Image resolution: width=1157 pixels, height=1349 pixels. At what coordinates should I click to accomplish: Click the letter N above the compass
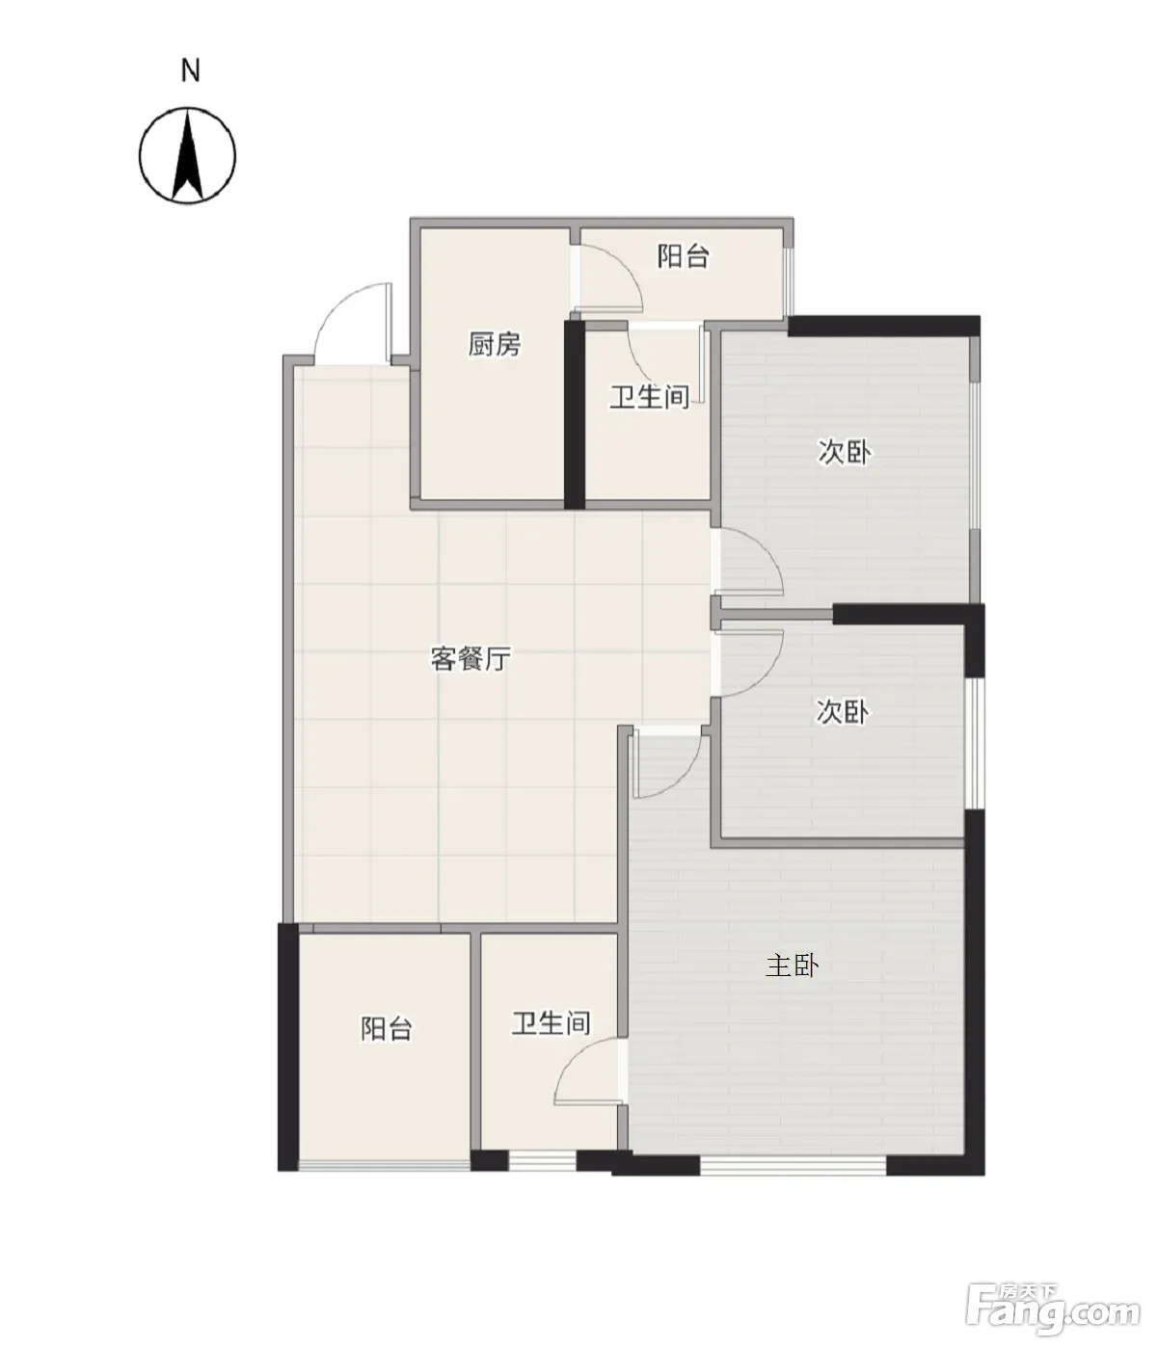(190, 70)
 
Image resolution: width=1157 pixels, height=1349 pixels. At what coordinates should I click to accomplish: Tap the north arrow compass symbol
(187, 156)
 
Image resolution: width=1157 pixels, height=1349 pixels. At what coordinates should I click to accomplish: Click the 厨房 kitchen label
(495, 344)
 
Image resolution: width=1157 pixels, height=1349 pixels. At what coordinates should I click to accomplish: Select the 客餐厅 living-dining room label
(471, 659)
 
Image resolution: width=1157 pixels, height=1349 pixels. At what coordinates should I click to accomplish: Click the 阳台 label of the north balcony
(683, 256)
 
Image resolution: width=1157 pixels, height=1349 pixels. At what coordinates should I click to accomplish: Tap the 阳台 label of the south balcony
(387, 1028)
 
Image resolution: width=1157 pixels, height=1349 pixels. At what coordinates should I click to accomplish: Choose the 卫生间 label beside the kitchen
(650, 397)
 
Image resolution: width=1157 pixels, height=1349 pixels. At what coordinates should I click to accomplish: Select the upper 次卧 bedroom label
(844, 452)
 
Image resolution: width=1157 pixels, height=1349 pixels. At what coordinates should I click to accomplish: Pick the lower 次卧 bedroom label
(843, 711)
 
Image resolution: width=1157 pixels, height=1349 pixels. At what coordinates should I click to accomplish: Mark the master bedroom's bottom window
(793, 1166)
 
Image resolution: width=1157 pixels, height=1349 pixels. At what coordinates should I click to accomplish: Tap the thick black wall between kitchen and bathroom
(575, 415)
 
